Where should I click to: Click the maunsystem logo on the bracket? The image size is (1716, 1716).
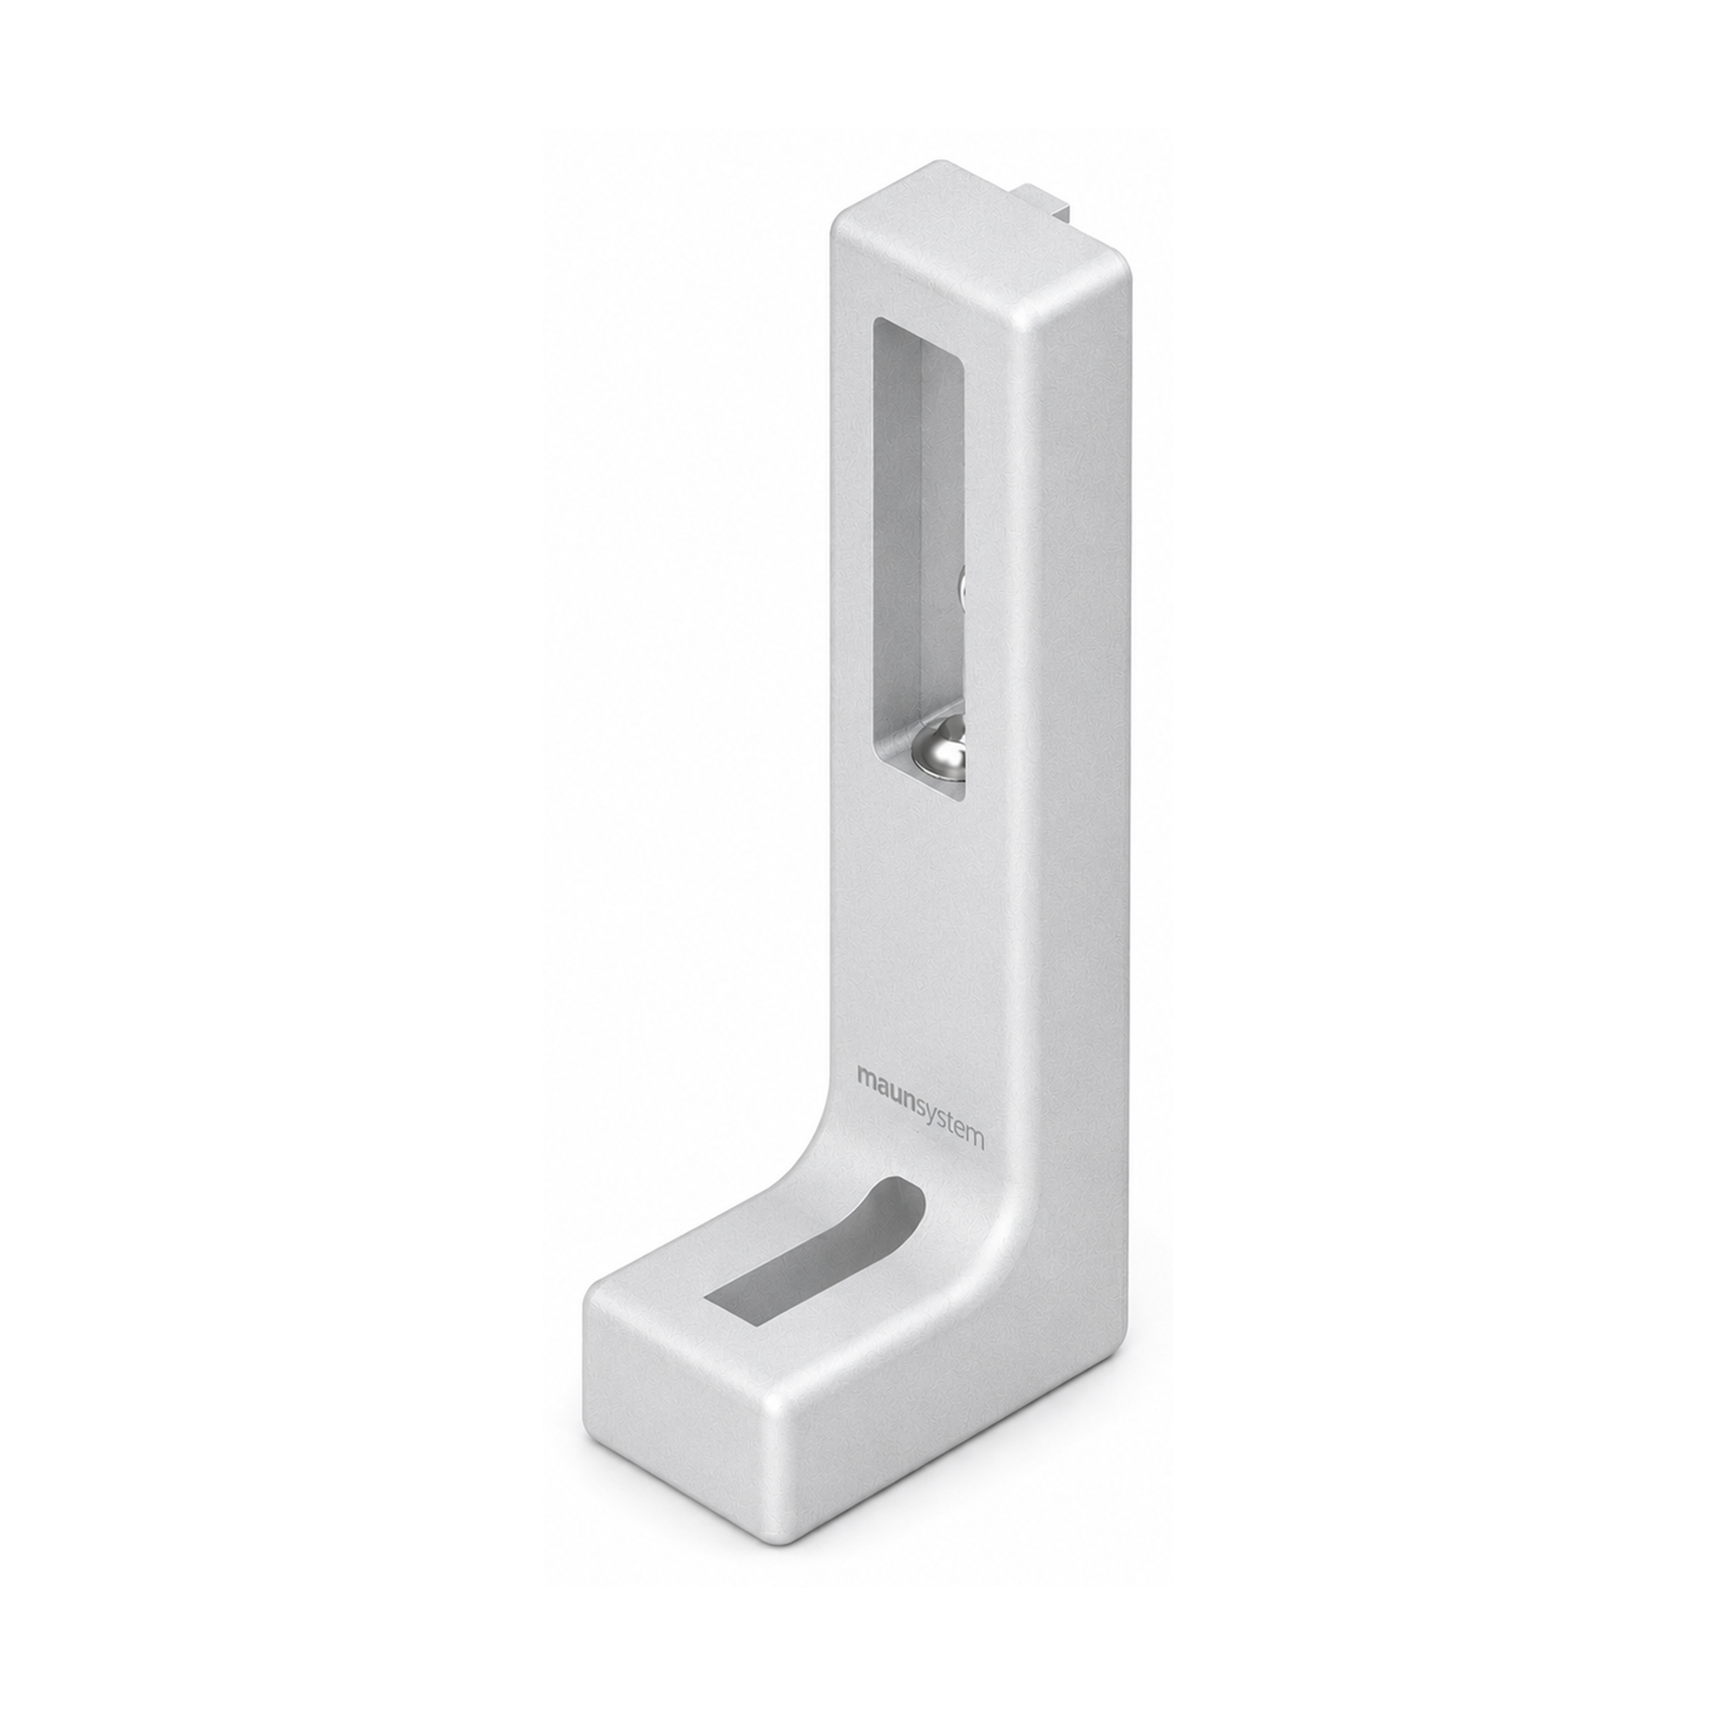[x=920, y=1109]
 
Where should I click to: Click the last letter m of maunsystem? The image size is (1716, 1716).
[x=976, y=1141]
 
